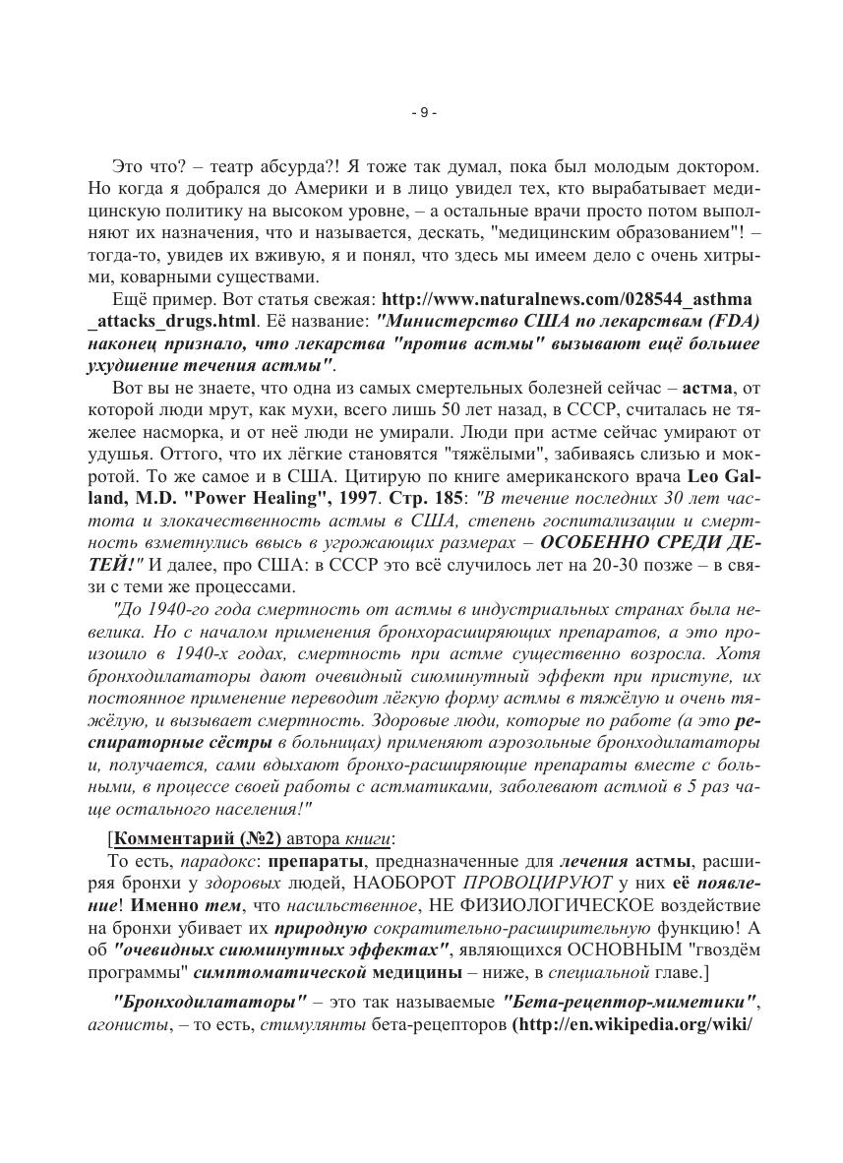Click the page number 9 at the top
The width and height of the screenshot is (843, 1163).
coord(422,113)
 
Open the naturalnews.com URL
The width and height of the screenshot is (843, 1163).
coord(570,299)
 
